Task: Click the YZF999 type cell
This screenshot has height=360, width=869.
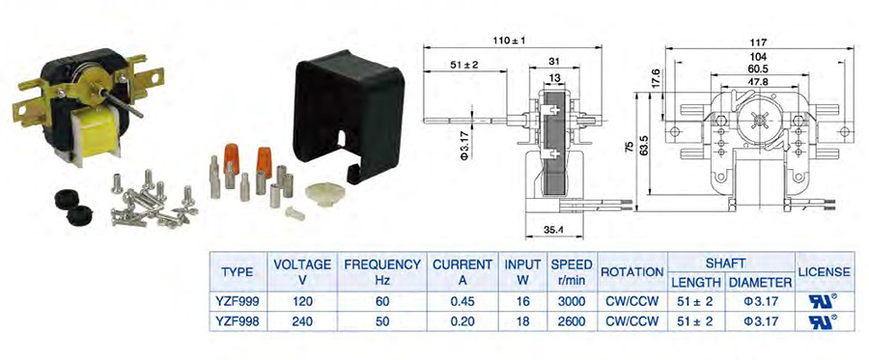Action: click(238, 301)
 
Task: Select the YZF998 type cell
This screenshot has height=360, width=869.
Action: click(238, 320)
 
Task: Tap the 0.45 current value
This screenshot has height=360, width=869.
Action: click(463, 301)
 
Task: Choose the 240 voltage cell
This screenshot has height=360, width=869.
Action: click(302, 320)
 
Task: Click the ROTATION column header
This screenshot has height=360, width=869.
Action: click(632, 272)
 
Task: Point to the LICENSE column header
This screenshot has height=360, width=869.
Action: click(824, 272)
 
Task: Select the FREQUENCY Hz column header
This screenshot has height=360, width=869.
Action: click(382, 272)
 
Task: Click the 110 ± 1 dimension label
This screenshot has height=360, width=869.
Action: click(509, 41)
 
